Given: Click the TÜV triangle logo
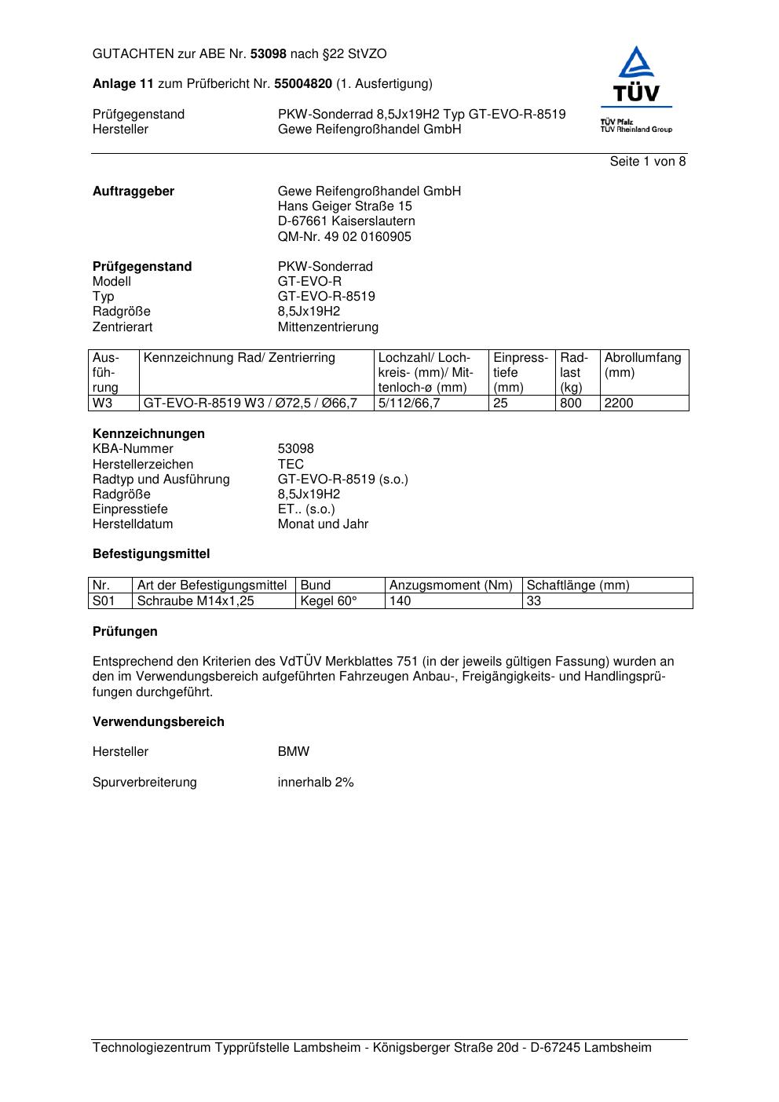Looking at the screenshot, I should (636, 75).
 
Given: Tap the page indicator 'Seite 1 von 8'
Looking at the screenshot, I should (647, 162).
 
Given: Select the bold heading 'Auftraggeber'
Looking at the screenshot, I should (133, 192).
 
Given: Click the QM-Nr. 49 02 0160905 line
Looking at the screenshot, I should (344, 237).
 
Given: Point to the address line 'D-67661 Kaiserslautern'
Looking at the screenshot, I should (346, 221).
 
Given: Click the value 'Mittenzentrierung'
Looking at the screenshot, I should (327, 327).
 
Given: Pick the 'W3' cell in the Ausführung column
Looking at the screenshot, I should (102, 403).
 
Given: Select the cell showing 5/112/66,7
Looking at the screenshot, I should (408, 403).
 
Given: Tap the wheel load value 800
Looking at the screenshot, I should (570, 403).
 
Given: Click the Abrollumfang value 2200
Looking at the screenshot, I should (618, 403).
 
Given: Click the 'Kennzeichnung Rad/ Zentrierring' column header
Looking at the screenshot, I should (240, 358).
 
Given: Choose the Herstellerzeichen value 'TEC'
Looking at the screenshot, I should (291, 465).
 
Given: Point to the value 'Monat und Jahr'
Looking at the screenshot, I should (323, 524).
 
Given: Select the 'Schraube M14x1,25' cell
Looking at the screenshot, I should (196, 601).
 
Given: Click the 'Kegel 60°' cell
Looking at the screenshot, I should (328, 601).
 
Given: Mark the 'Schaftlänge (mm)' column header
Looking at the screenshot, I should (577, 586).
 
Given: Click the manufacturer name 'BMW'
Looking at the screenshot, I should (294, 752).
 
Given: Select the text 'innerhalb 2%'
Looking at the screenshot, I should (316, 783).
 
